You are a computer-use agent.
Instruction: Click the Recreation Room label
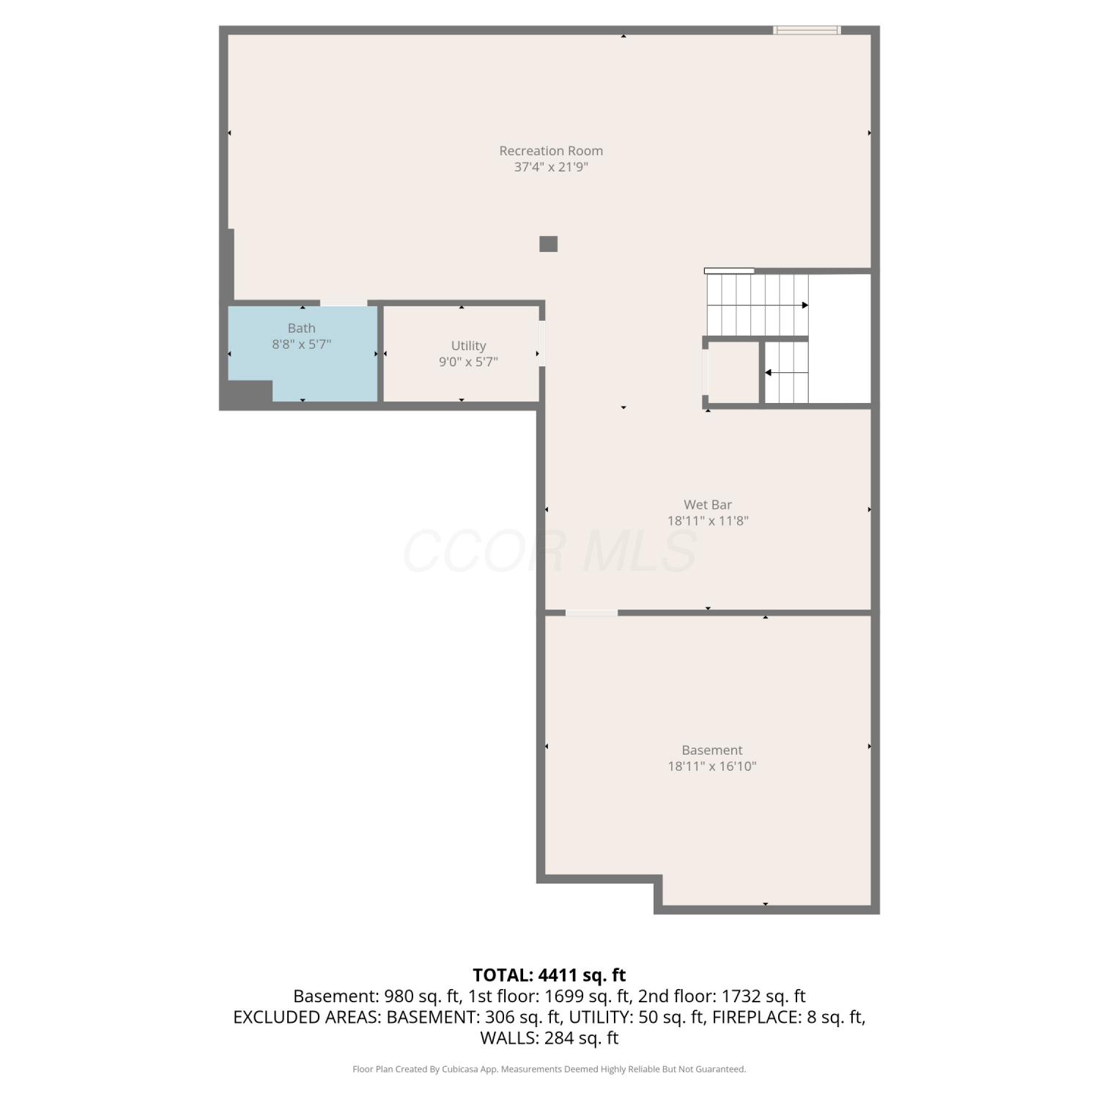click(551, 151)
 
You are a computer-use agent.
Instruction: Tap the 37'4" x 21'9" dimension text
click(551, 167)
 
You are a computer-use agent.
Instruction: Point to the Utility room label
click(468, 346)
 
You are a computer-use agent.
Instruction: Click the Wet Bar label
click(708, 505)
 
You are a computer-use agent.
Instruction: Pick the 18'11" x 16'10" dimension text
click(712, 766)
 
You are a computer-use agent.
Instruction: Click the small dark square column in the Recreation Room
click(548, 244)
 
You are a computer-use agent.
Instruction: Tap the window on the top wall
click(807, 30)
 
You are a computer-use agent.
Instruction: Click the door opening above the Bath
click(344, 303)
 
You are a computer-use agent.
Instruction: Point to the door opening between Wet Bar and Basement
click(591, 613)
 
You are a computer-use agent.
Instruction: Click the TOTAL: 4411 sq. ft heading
click(549, 975)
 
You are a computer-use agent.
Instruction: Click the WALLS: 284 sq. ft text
click(549, 1038)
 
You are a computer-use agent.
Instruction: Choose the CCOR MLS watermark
click(549, 551)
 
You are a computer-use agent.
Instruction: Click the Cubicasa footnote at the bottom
click(549, 1070)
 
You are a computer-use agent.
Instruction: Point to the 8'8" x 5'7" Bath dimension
click(302, 344)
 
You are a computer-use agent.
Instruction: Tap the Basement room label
click(712, 750)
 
